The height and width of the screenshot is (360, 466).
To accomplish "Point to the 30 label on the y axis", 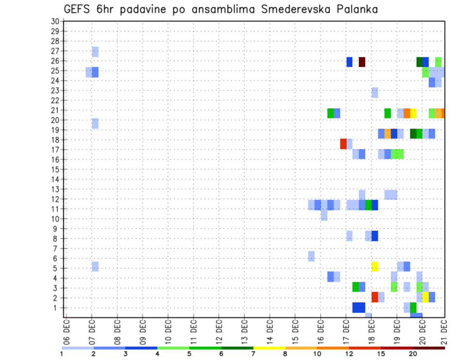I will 55,21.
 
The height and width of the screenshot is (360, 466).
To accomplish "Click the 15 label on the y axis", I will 55,169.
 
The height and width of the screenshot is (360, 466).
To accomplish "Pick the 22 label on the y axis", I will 55,100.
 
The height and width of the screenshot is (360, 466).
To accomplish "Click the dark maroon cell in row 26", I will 362,62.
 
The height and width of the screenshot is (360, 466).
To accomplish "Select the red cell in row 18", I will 343,144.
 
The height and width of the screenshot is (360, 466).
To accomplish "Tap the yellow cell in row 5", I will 375,266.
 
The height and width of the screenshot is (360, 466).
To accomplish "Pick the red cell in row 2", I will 375,297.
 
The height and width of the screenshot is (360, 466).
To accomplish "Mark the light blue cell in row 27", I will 95,51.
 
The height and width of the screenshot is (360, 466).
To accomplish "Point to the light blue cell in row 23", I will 375,92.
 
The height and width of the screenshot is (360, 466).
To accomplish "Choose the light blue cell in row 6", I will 311,256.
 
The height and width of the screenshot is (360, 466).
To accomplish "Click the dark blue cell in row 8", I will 375,236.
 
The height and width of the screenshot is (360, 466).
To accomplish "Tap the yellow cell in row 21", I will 413,113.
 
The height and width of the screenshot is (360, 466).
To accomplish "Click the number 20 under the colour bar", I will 413,354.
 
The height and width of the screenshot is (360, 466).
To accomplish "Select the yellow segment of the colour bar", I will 269,348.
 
